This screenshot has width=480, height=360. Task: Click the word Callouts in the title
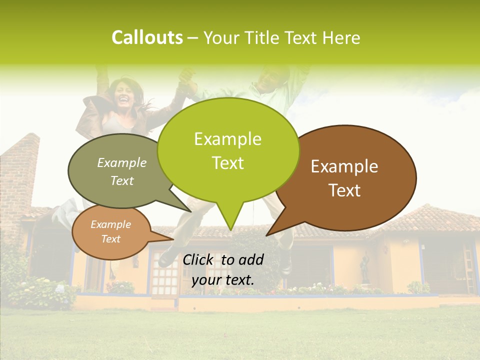click(x=147, y=37)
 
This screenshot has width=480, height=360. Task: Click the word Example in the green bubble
click(x=227, y=139)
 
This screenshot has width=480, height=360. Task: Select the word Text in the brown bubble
click(x=344, y=190)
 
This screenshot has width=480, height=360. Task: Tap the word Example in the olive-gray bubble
click(x=121, y=162)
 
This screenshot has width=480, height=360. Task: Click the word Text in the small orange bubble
click(x=110, y=239)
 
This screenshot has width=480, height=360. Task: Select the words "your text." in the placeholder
click(x=222, y=280)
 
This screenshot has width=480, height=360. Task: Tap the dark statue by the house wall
click(x=365, y=270)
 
